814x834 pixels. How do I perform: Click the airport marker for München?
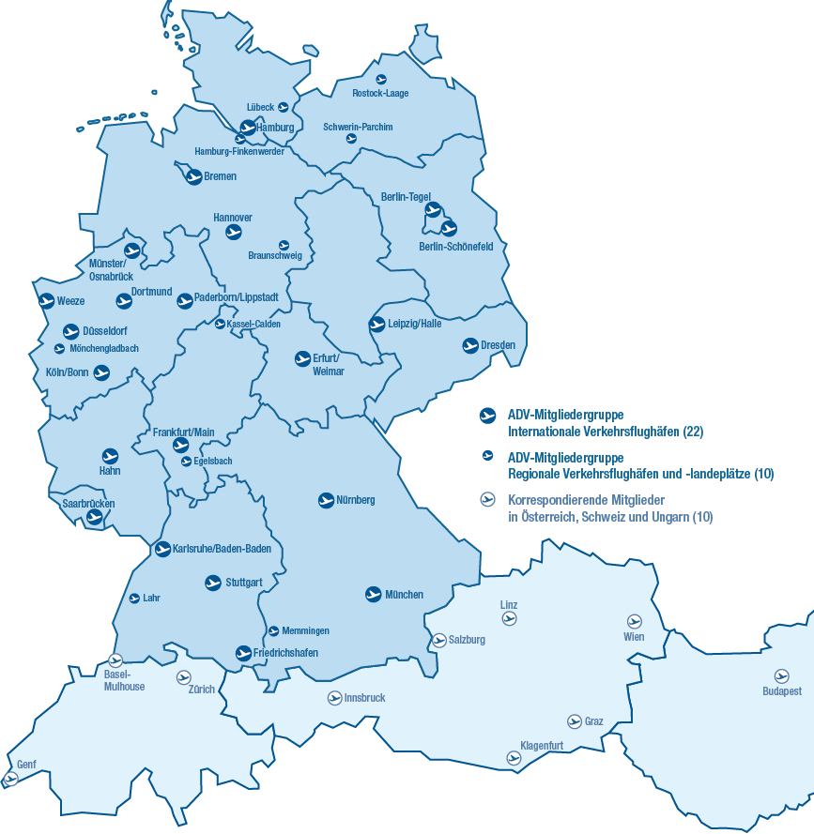click(374, 595)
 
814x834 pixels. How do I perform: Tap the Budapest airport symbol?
click(781, 675)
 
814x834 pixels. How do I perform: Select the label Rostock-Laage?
click(380, 94)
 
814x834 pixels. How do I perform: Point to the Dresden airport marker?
click(470, 346)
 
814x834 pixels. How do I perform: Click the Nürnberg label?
click(356, 500)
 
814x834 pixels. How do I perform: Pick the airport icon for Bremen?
click(193, 176)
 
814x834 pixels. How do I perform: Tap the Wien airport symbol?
click(633, 621)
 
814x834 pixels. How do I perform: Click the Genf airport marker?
click(11, 779)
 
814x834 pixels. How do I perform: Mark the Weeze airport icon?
click(46, 301)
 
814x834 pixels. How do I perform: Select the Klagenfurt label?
click(542, 746)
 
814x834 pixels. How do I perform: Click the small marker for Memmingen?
click(273, 631)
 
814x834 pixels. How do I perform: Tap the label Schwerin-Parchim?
click(358, 127)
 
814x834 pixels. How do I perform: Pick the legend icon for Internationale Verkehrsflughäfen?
click(487, 415)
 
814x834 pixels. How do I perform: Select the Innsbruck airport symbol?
click(334, 698)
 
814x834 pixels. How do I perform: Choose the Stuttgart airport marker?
click(213, 583)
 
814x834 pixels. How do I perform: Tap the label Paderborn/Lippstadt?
click(237, 297)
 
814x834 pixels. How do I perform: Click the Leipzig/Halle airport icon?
click(376, 325)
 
